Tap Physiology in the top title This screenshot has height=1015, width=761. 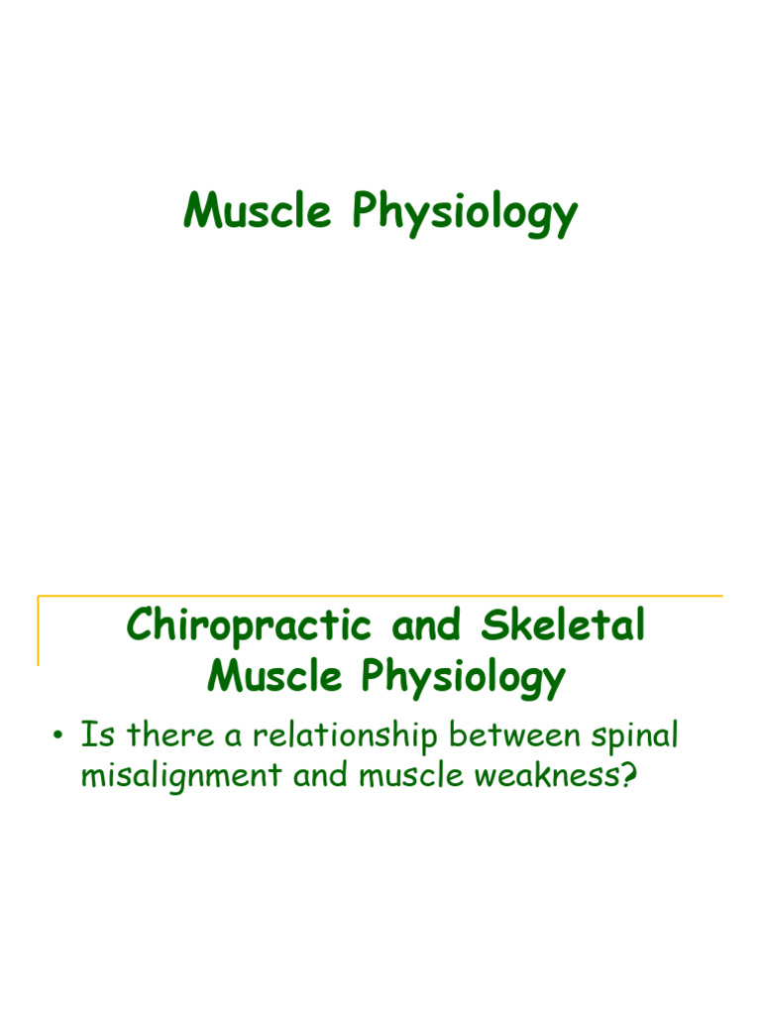[463, 213]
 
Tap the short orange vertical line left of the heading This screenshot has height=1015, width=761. [39, 630]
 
